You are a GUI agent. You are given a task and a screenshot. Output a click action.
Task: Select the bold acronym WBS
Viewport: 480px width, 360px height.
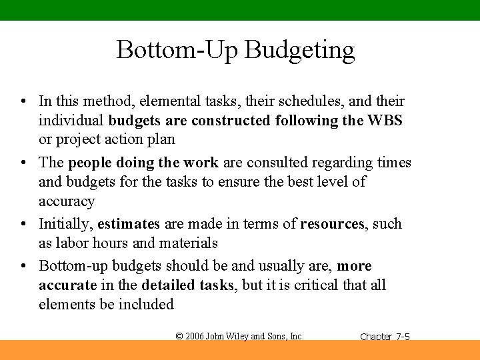385,121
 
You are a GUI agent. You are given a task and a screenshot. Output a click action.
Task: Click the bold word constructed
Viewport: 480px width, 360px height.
231,121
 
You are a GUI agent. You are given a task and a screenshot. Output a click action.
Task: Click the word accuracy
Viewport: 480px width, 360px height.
67,201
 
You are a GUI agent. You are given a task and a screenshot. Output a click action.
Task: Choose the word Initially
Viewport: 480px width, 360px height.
64,224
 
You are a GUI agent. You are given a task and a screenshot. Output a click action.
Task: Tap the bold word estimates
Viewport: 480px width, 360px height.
129,224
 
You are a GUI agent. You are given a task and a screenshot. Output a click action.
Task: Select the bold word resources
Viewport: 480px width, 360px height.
332,224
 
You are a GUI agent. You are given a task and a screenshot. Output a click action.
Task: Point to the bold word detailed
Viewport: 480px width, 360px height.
169,285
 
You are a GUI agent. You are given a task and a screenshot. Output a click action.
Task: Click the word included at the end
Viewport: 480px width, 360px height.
146,305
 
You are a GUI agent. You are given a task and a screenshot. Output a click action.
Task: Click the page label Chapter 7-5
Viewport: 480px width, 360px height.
385,337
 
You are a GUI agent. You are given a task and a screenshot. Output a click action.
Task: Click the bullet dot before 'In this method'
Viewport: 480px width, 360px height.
23,102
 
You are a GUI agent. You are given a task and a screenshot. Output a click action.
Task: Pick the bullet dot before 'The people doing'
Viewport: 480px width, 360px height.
23,163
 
